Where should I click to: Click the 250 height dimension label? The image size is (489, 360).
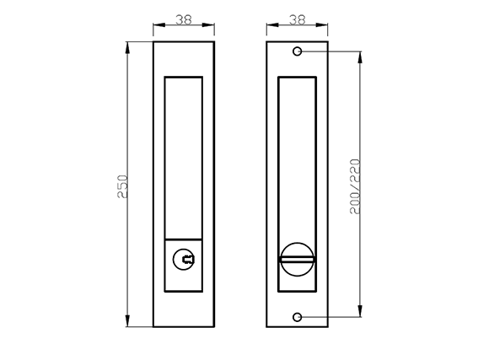[x=122, y=186]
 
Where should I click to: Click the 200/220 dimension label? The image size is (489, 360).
[x=355, y=186]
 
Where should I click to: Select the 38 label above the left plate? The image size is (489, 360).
[x=184, y=20]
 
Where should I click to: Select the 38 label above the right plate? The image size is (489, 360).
[x=297, y=20]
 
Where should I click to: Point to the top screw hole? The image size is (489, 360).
[x=298, y=51]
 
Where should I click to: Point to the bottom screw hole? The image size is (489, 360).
[x=298, y=317]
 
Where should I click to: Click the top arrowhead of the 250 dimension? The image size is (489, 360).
[x=127, y=48]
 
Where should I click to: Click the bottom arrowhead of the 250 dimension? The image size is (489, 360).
[x=127, y=320]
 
